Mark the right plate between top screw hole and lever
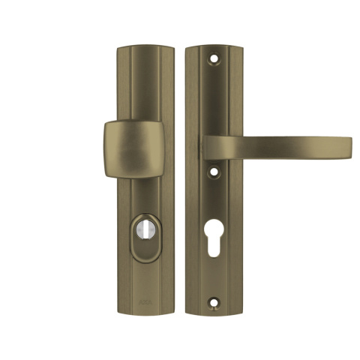click(215, 97)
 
